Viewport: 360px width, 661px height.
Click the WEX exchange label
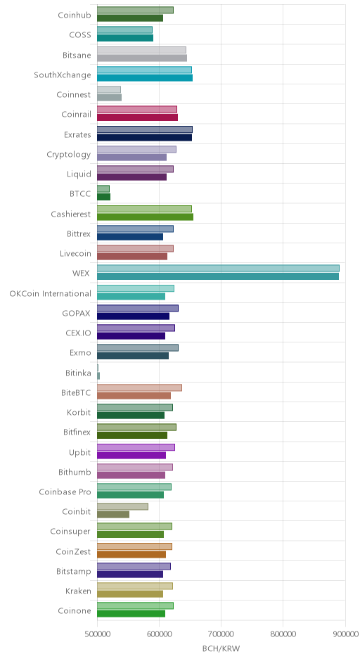click(81, 273)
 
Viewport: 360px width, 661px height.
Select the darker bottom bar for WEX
click(218, 276)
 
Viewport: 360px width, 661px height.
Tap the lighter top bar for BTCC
click(103, 189)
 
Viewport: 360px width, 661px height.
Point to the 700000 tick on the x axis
click(221, 634)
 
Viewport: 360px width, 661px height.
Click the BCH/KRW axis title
click(221, 648)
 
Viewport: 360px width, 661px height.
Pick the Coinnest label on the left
click(74, 94)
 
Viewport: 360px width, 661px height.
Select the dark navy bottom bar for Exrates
click(145, 137)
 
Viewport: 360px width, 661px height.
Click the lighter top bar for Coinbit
click(122, 507)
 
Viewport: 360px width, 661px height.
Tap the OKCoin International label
click(50, 293)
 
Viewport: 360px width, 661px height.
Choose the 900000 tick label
click(345, 634)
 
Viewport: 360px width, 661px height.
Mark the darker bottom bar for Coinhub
click(130, 18)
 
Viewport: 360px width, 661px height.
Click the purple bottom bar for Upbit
click(131, 455)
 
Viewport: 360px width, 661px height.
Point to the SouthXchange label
click(63, 75)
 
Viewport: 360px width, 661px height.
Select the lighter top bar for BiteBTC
click(139, 388)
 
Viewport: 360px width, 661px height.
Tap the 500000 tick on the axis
click(97, 634)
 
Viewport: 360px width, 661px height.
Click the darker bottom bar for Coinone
click(131, 614)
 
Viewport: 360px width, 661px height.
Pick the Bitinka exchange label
click(78, 373)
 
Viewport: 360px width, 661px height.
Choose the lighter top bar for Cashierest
click(145, 209)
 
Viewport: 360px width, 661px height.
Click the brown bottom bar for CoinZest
click(131, 554)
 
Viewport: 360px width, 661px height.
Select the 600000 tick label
click(159, 634)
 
